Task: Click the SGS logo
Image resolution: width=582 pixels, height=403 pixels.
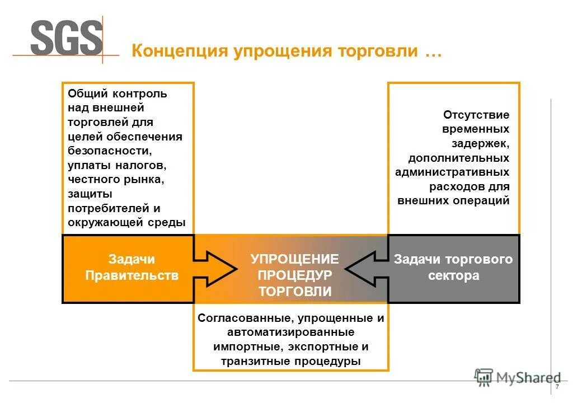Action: (67, 38)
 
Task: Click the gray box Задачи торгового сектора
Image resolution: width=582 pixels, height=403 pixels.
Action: (453, 268)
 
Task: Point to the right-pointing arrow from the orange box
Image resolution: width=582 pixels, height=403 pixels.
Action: (215, 269)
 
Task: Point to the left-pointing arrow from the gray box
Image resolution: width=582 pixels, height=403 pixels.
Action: (367, 269)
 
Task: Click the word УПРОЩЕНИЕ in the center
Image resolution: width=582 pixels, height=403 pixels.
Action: (294, 259)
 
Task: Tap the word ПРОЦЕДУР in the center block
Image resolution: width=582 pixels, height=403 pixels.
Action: (294, 275)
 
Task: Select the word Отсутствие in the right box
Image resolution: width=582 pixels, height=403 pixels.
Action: (476, 115)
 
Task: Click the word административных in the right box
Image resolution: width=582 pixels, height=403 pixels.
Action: (452, 172)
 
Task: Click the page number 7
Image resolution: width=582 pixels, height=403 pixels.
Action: (557, 388)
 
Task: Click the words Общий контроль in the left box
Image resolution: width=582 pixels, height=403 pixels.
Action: (117, 94)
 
